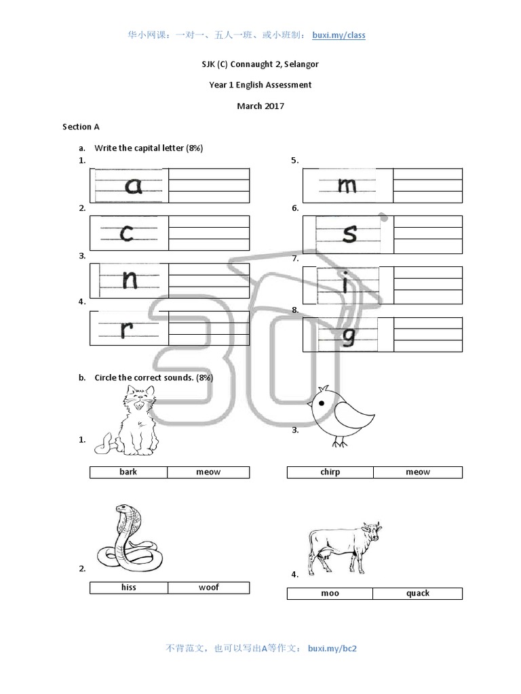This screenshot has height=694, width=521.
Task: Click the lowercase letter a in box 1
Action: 134,185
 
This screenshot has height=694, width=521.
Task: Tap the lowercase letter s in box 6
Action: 349,232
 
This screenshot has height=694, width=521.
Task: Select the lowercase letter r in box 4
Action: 127,329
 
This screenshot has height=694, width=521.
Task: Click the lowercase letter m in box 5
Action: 347,185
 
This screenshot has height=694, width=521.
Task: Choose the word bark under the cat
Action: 128,472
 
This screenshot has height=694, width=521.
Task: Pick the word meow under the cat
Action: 208,472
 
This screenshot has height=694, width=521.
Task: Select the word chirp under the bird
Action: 330,472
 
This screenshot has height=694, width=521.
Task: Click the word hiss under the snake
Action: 128,587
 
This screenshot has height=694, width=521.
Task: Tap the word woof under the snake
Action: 208,587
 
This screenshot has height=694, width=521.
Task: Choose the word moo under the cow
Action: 330,593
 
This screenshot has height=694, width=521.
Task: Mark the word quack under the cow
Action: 417,593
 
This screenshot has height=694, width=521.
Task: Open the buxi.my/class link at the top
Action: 338,35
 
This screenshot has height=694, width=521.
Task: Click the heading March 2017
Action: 260,106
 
